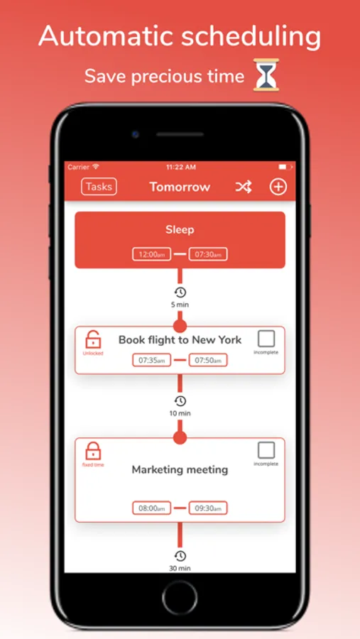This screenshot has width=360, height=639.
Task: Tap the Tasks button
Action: click(x=99, y=187)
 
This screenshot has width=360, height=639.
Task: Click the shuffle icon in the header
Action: click(x=244, y=187)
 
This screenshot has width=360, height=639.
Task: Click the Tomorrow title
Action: click(x=180, y=187)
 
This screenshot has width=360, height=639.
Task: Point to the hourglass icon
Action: click(x=266, y=75)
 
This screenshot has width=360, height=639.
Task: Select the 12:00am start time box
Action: click(x=152, y=254)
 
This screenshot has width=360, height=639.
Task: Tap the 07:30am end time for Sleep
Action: click(x=208, y=254)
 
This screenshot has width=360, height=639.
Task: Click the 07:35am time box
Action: click(x=152, y=360)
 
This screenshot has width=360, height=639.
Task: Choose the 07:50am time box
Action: click(x=208, y=360)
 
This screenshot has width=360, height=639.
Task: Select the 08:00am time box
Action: click(x=152, y=508)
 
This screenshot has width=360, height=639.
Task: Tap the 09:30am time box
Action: click(x=208, y=508)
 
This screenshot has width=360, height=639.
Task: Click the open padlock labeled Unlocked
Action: click(x=93, y=339)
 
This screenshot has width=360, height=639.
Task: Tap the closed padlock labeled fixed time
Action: click(x=93, y=451)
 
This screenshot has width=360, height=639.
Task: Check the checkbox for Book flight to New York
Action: click(x=266, y=339)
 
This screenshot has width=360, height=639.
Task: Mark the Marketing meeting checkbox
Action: click(x=266, y=450)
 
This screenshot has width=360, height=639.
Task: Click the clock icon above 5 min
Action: click(x=180, y=293)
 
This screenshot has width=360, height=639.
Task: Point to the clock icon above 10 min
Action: click(x=180, y=400)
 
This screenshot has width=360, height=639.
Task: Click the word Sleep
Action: click(x=180, y=230)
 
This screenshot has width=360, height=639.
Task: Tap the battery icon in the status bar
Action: click(x=283, y=167)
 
